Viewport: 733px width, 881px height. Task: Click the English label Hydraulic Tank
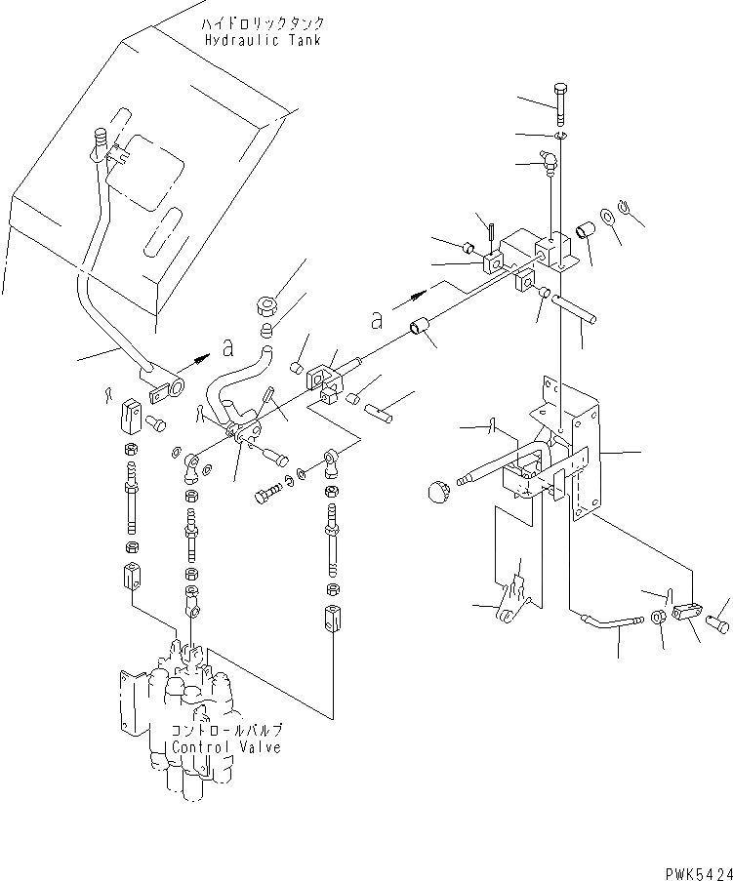[263, 40]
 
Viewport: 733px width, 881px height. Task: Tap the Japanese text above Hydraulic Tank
[264, 22]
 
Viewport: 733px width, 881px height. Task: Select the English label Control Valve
[225, 747]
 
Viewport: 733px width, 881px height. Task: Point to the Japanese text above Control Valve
[225, 730]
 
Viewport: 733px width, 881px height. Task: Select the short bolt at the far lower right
[720, 618]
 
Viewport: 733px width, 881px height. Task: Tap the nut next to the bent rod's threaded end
[659, 618]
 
